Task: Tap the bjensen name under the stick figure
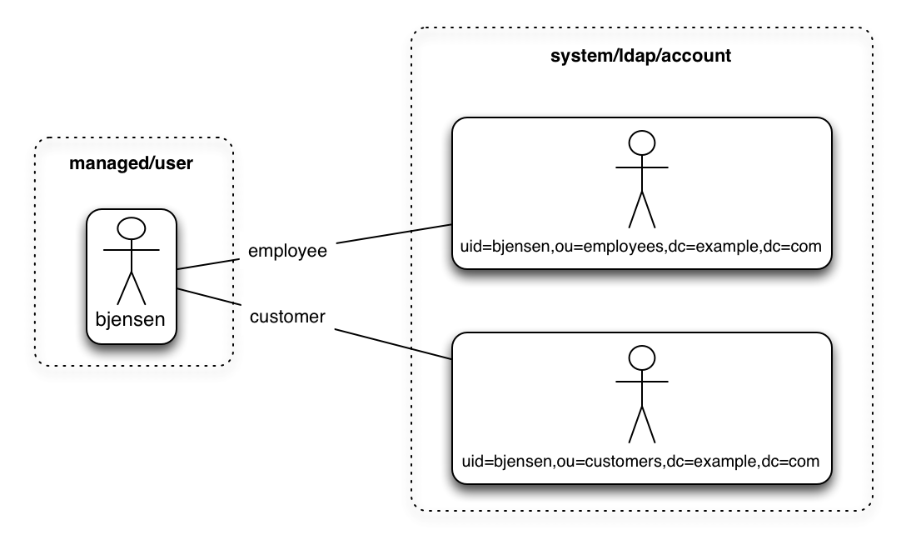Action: pyautogui.click(x=132, y=319)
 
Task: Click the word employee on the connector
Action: pyautogui.click(x=287, y=250)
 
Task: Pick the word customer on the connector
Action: pyautogui.click(x=287, y=316)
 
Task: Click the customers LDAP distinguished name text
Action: pyautogui.click(x=641, y=460)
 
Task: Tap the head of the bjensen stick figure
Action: pyautogui.click(x=132, y=227)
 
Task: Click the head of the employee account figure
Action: pyautogui.click(x=642, y=142)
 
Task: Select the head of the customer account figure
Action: pyautogui.click(x=642, y=357)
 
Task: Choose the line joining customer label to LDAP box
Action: pyautogui.click(x=392, y=343)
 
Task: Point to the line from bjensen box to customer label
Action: pyautogui.click(x=208, y=298)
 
